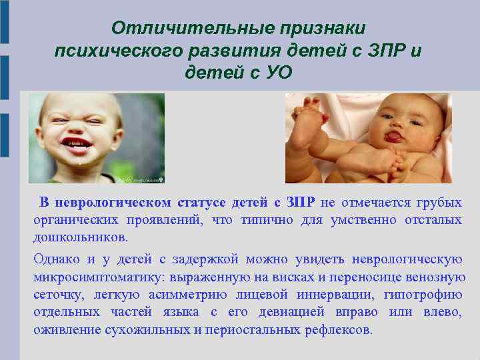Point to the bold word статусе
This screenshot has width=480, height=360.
[x=203, y=203]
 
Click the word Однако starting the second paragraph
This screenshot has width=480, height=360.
[x=57, y=259]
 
